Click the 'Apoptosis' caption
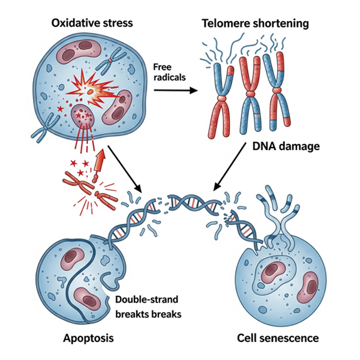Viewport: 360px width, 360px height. click(89, 338)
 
